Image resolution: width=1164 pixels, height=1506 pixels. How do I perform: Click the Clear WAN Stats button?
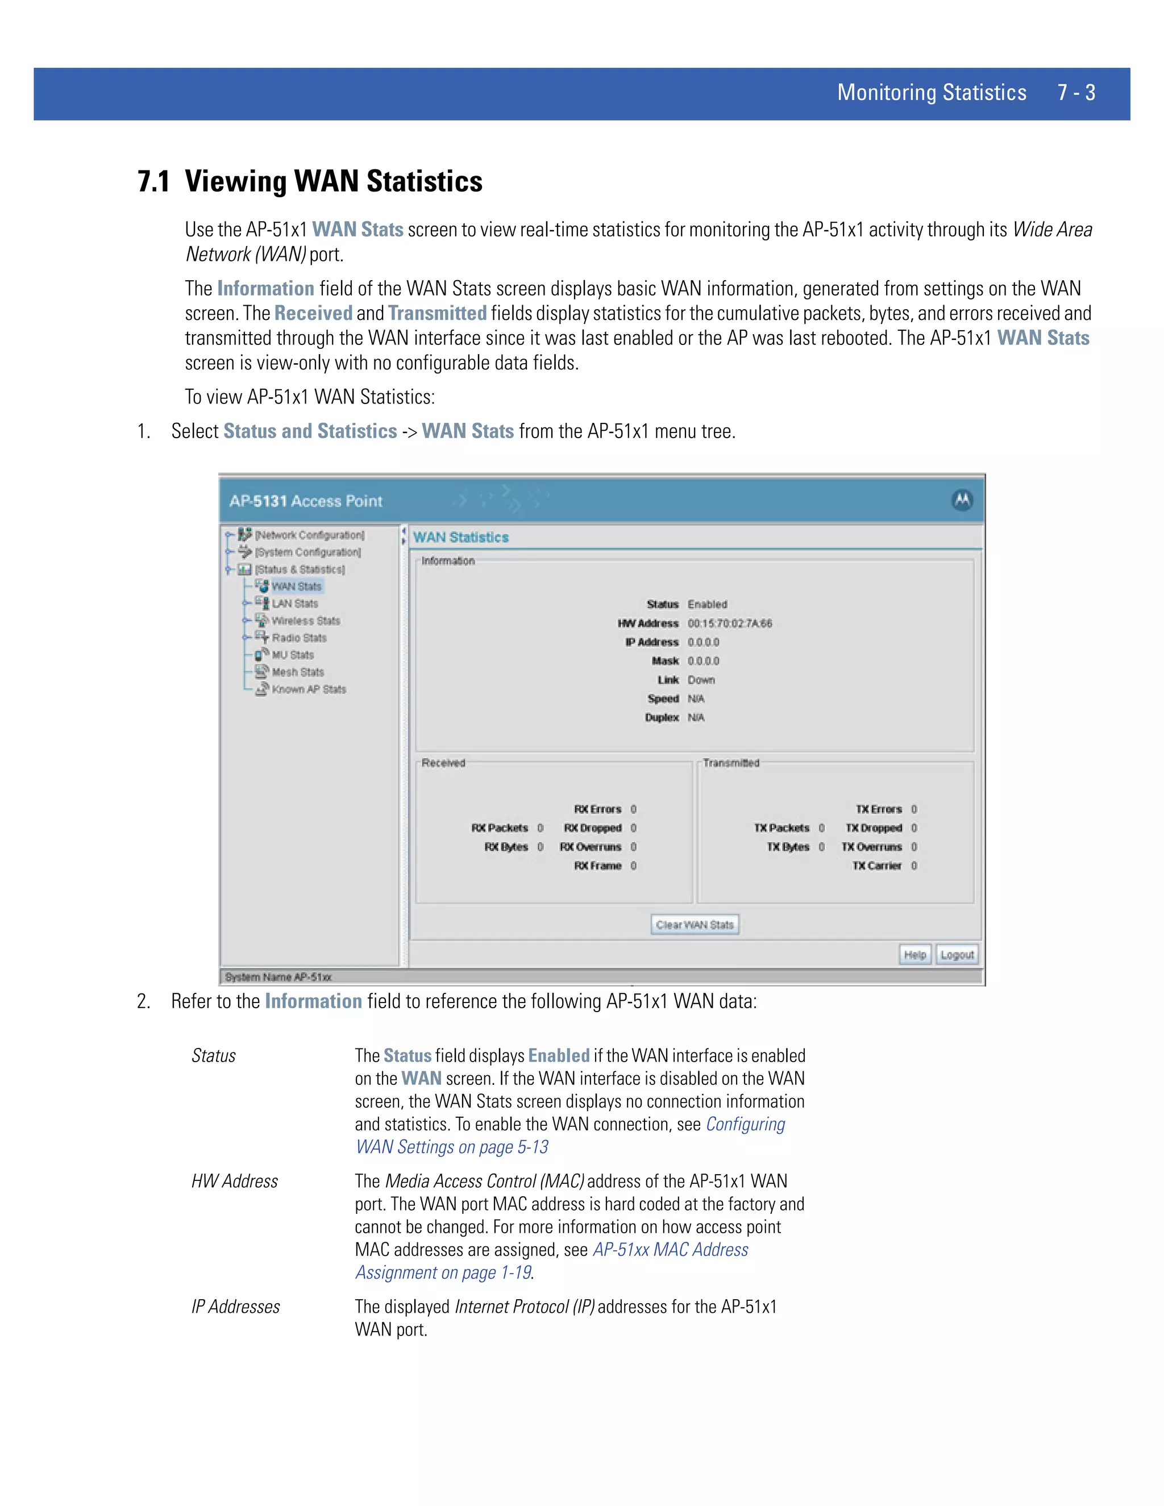695,925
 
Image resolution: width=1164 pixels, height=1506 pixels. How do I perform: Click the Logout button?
957,955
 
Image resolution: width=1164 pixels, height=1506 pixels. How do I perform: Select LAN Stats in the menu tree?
294,604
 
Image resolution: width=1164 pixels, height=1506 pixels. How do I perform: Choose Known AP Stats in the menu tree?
308,689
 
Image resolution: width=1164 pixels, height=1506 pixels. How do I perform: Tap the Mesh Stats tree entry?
297,672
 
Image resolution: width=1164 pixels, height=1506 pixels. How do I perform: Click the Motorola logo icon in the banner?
962,501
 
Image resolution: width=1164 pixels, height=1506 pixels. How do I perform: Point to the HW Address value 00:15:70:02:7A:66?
730,623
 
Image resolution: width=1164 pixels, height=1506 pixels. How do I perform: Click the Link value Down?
701,680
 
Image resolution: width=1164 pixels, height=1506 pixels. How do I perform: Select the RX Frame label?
597,866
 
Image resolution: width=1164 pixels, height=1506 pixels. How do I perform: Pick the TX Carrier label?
876,866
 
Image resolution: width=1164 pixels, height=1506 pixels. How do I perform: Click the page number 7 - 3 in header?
1076,93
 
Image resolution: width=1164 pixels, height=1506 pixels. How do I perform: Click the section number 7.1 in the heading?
154,181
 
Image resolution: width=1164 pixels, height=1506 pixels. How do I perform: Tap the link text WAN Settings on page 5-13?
452,1147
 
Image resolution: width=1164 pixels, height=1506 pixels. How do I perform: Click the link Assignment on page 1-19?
443,1272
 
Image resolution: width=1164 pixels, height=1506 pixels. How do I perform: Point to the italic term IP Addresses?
236,1307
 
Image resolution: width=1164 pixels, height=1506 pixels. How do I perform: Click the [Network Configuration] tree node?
309,535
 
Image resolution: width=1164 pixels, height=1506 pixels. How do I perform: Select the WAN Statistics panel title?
460,537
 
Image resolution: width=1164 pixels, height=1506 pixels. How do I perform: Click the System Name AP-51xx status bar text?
278,977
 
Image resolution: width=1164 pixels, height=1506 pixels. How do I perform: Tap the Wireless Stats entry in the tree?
305,621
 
